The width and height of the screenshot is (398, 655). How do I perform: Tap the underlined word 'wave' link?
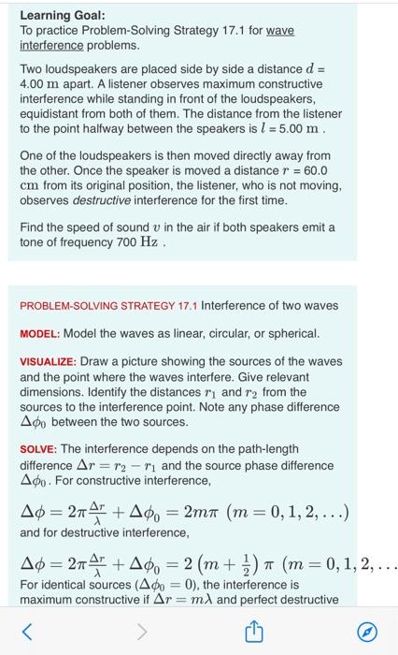[x=280, y=31]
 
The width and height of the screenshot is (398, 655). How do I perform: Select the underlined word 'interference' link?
[x=51, y=45]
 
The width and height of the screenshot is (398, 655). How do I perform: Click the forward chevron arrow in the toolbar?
[x=142, y=633]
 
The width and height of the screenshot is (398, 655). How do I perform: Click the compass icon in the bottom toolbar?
[x=370, y=633]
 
